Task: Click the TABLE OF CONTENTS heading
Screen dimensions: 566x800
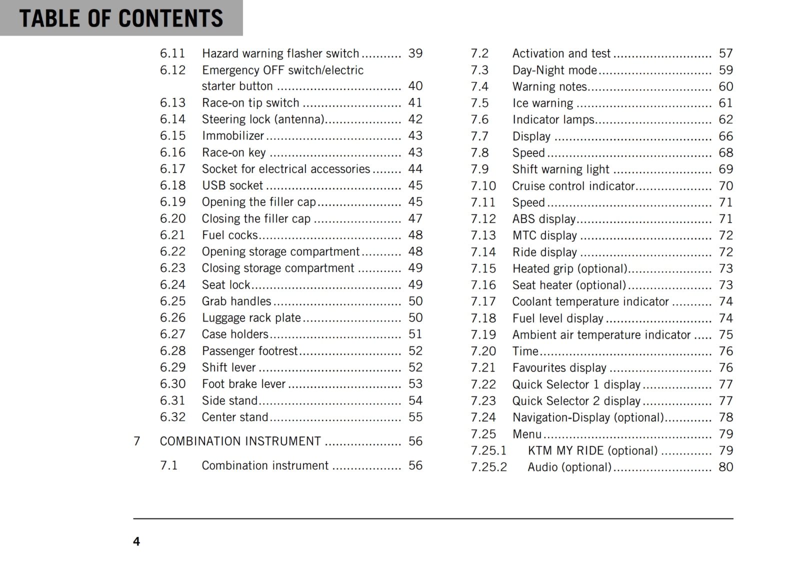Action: click(x=121, y=18)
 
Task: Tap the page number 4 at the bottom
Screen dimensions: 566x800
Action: click(x=136, y=541)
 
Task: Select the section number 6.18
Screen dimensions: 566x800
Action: click(x=172, y=185)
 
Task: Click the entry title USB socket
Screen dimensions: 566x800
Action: click(x=232, y=185)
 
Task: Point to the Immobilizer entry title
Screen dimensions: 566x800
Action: click(x=232, y=136)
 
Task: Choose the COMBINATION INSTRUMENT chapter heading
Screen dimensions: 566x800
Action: click(x=240, y=441)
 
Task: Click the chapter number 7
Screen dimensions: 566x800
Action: click(x=136, y=441)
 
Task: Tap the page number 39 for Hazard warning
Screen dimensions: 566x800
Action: click(x=415, y=53)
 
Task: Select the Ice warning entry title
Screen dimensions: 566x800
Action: click(x=542, y=103)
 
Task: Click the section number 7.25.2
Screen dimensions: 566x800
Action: click(x=488, y=467)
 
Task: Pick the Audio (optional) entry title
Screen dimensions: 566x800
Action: click(x=569, y=467)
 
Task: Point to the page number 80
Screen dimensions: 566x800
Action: click(x=725, y=467)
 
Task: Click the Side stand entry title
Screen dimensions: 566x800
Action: click(x=229, y=401)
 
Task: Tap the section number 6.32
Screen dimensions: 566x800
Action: click(x=172, y=417)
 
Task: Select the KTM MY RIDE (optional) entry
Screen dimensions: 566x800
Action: click(x=592, y=450)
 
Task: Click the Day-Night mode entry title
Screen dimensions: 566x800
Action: click(x=554, y=70)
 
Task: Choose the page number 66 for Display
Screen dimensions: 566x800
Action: click(x=725, y=136)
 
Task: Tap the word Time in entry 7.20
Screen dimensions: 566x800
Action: click(x=525, y=351)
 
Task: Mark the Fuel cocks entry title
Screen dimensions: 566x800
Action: click(x=229, y=235)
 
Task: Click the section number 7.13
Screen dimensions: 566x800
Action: click(x=483, y=235)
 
